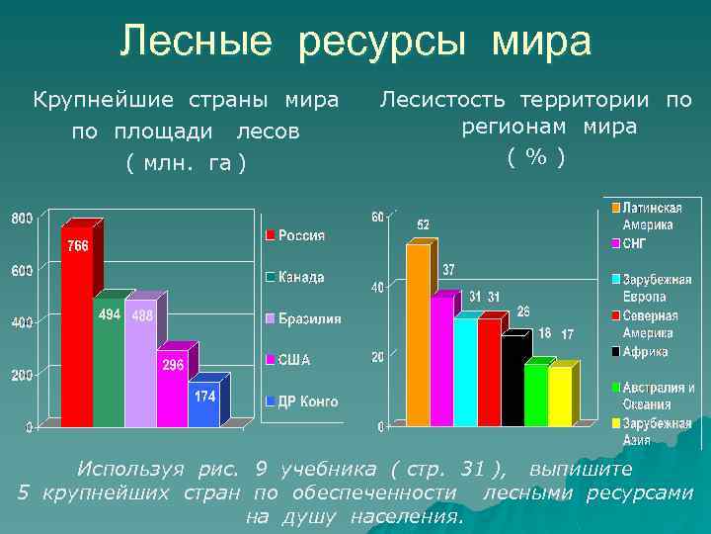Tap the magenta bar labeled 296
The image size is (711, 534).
click(172, 396)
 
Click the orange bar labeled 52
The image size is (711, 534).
click(418, 336)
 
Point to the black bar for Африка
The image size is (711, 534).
click(513, 381)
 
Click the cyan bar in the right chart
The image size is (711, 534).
click(465, 372)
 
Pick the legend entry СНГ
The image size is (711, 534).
click(633, 242)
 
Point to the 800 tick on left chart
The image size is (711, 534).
click(22, 218)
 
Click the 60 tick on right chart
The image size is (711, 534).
click(377, 217)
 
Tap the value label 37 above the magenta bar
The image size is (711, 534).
click(448, 270)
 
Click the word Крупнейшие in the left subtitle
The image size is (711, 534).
click(90, 100)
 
